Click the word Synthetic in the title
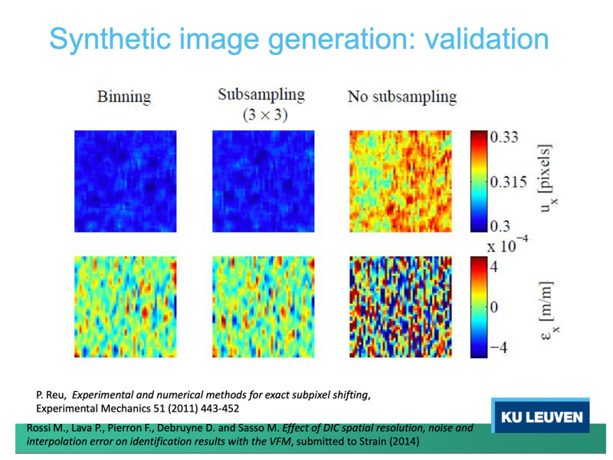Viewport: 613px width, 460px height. coord(110,39)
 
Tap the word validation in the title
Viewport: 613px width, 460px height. coord(487,39)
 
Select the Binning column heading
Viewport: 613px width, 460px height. coord(124,97)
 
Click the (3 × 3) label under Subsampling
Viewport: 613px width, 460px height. coord(264,114)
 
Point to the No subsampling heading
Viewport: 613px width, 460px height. coord(402,97)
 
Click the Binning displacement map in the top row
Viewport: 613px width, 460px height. coord(126,181)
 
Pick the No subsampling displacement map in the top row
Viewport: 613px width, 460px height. coord(400,181)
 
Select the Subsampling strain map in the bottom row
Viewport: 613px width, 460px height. coord(263,307)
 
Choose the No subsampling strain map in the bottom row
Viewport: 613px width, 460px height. coord(400,307)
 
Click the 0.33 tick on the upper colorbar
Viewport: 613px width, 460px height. coord(504,137)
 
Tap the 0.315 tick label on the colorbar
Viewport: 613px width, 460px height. coord(509,182)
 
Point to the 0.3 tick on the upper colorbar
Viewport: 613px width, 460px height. coord(500,226)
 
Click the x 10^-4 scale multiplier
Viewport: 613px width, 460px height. coord(507,245)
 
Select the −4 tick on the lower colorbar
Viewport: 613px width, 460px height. coord(499,347)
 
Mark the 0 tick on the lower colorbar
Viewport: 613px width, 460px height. coord(494,307)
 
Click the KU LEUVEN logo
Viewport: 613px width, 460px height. coord(541,416)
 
